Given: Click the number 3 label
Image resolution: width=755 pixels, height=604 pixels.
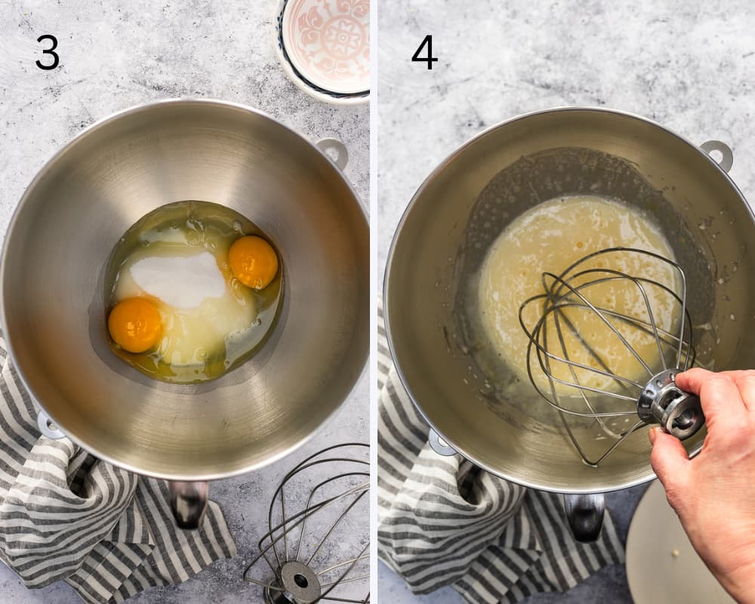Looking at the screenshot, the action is [48, 52].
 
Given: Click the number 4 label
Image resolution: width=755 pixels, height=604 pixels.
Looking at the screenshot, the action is [424, 52].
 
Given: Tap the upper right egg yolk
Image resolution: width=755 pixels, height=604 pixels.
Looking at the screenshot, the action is [253, 262].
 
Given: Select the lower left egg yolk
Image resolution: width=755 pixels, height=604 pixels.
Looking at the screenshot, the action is [135, 325].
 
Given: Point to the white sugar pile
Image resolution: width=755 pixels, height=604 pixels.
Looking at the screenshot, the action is [177, 280].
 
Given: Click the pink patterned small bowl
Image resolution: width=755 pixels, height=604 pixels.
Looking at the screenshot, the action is [324, 48].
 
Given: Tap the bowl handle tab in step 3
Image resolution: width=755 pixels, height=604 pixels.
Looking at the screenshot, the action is [334, 153].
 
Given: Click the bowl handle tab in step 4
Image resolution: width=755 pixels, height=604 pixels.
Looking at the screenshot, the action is [717, 155].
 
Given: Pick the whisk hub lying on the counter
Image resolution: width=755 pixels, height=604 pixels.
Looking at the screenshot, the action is [300, 581].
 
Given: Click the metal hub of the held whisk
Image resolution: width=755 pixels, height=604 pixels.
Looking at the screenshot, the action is [670, 404].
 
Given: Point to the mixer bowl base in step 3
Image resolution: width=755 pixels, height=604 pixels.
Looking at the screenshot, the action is [188, 504].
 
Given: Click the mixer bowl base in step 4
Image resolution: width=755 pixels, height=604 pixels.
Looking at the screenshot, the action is [584, 516].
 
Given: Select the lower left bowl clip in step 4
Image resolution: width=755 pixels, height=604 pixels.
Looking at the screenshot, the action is [442, 442].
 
